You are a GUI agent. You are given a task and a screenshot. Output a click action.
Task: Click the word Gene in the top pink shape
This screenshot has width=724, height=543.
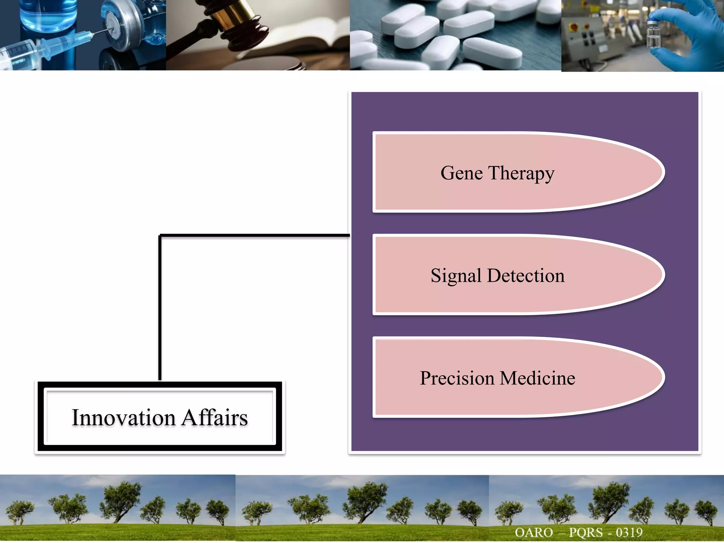[x=461, y=173]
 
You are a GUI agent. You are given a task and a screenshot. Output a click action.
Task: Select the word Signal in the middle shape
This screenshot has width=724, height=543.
[x=456, y=276]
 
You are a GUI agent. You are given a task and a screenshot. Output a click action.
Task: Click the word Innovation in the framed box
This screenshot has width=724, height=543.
[x=123, y=418]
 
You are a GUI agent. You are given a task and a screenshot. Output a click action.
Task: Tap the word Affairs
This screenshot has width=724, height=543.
[x=215, y=418]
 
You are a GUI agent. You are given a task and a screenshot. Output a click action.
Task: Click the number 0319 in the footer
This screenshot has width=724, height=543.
[x=629, y=532]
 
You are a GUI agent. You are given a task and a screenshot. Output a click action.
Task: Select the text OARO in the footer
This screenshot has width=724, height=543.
[x=533, y=532]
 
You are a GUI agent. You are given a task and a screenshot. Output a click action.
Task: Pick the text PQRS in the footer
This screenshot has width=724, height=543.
[x=585, y=532]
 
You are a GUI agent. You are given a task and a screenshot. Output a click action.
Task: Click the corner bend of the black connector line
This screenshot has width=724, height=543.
[x=160, y=235]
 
